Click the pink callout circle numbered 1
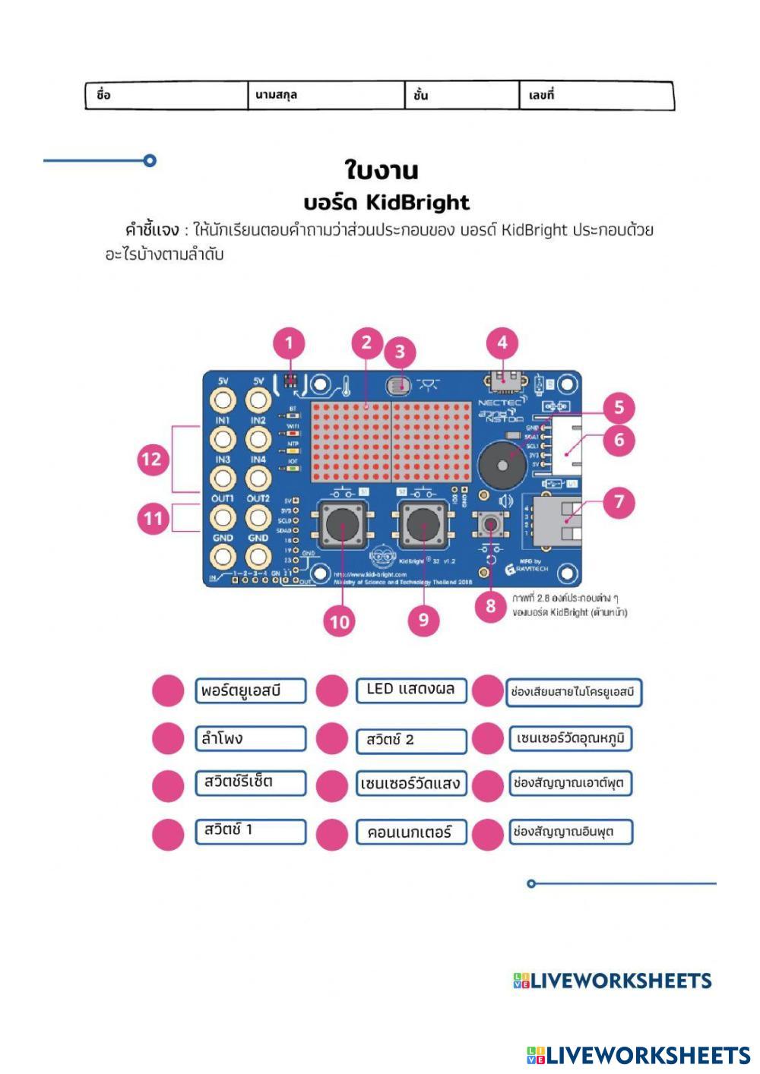coord(288,343)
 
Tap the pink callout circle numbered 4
coord(502,343)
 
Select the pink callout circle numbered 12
coord(152,460)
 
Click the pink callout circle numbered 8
coord(490,605)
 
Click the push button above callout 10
coord(342,525)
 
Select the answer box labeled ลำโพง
coord(251,738)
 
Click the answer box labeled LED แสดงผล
coord(411,690)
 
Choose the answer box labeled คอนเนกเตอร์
coord(411,832)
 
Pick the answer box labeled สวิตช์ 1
coord(251,831)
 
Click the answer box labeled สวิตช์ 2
coord(411,741)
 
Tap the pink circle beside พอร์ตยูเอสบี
coord(168,691)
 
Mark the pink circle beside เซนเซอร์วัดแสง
coord(332,786)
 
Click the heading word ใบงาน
coord(382,170)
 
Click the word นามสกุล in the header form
coord(276,96)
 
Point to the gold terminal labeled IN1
coord(223,438)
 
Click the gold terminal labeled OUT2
coord(258,517)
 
